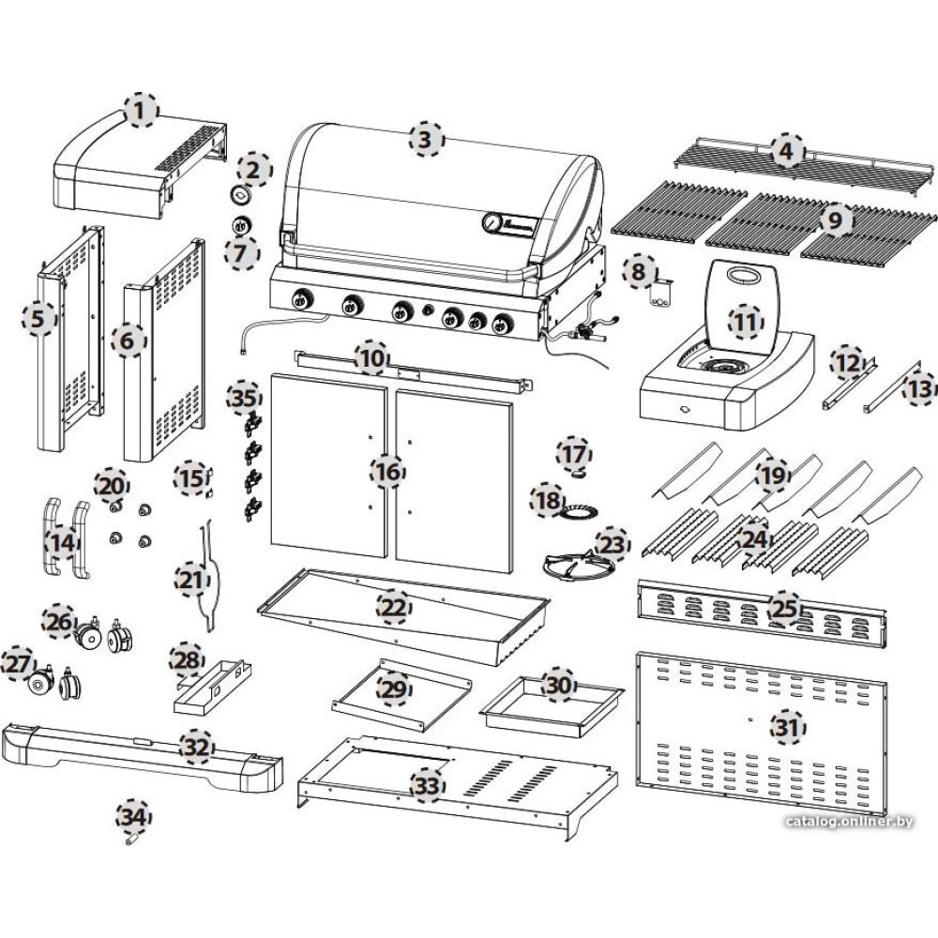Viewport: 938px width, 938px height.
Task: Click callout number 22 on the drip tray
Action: pos(394,609)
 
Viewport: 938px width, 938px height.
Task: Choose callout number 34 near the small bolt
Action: pos(133,814)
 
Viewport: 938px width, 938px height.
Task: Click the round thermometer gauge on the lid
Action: pos(492,221)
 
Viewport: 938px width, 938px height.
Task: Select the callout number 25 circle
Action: pos(783,607)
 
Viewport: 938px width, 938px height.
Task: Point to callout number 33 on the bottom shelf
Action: pos(427,786)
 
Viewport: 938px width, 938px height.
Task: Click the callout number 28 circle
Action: pos(186,661)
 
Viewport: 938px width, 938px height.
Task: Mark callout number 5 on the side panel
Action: pos(38,319)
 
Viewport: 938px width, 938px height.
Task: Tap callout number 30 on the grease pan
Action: pos(559,686)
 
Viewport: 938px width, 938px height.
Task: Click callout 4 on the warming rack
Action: pos(787,150)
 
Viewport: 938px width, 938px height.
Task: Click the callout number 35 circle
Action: pos(243,399)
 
